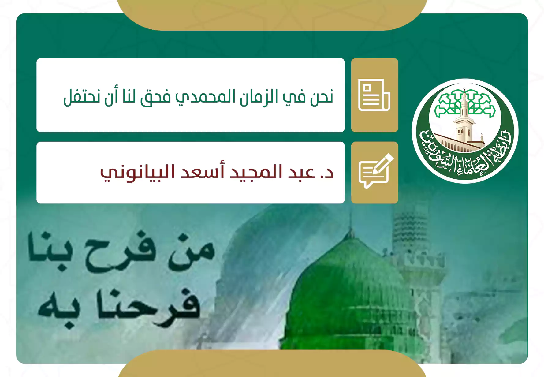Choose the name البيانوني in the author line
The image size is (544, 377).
(138, 172)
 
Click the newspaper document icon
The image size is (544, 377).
(374, 95)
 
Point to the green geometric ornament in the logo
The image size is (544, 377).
(465, 103)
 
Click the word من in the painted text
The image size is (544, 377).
(191, 252)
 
